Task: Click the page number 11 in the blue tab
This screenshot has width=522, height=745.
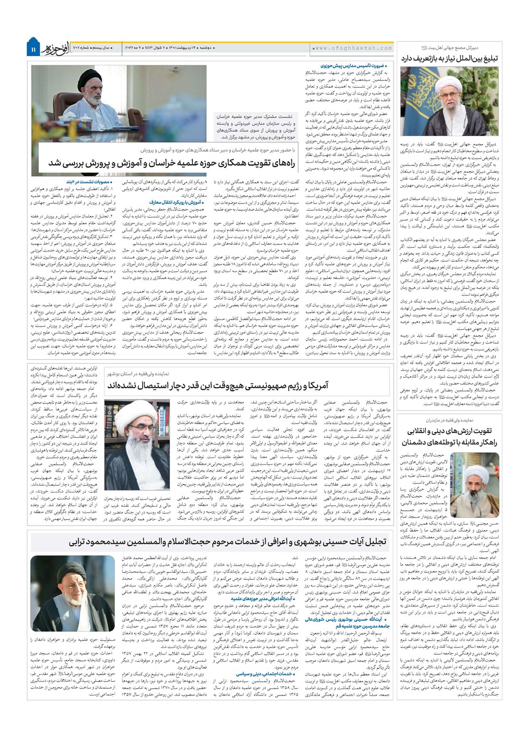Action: (32, 49)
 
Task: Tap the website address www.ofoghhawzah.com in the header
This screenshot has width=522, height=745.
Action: (353, 48)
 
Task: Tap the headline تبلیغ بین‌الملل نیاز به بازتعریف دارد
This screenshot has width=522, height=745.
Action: (449, 58)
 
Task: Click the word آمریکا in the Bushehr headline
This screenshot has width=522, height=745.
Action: (318, 385)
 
